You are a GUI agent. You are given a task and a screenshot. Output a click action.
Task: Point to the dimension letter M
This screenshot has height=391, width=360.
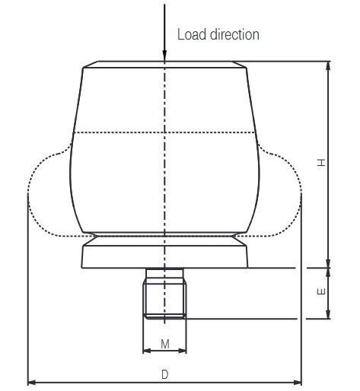[165, 345]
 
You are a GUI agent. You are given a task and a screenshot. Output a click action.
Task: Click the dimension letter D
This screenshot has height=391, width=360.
[165, 374]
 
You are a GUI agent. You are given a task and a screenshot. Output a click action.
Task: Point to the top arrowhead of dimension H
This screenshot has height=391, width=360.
[328, 65]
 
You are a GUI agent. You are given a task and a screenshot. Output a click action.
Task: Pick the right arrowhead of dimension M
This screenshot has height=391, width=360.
[185, 351]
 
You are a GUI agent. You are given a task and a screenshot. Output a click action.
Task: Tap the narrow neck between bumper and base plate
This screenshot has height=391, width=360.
[165, 239]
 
